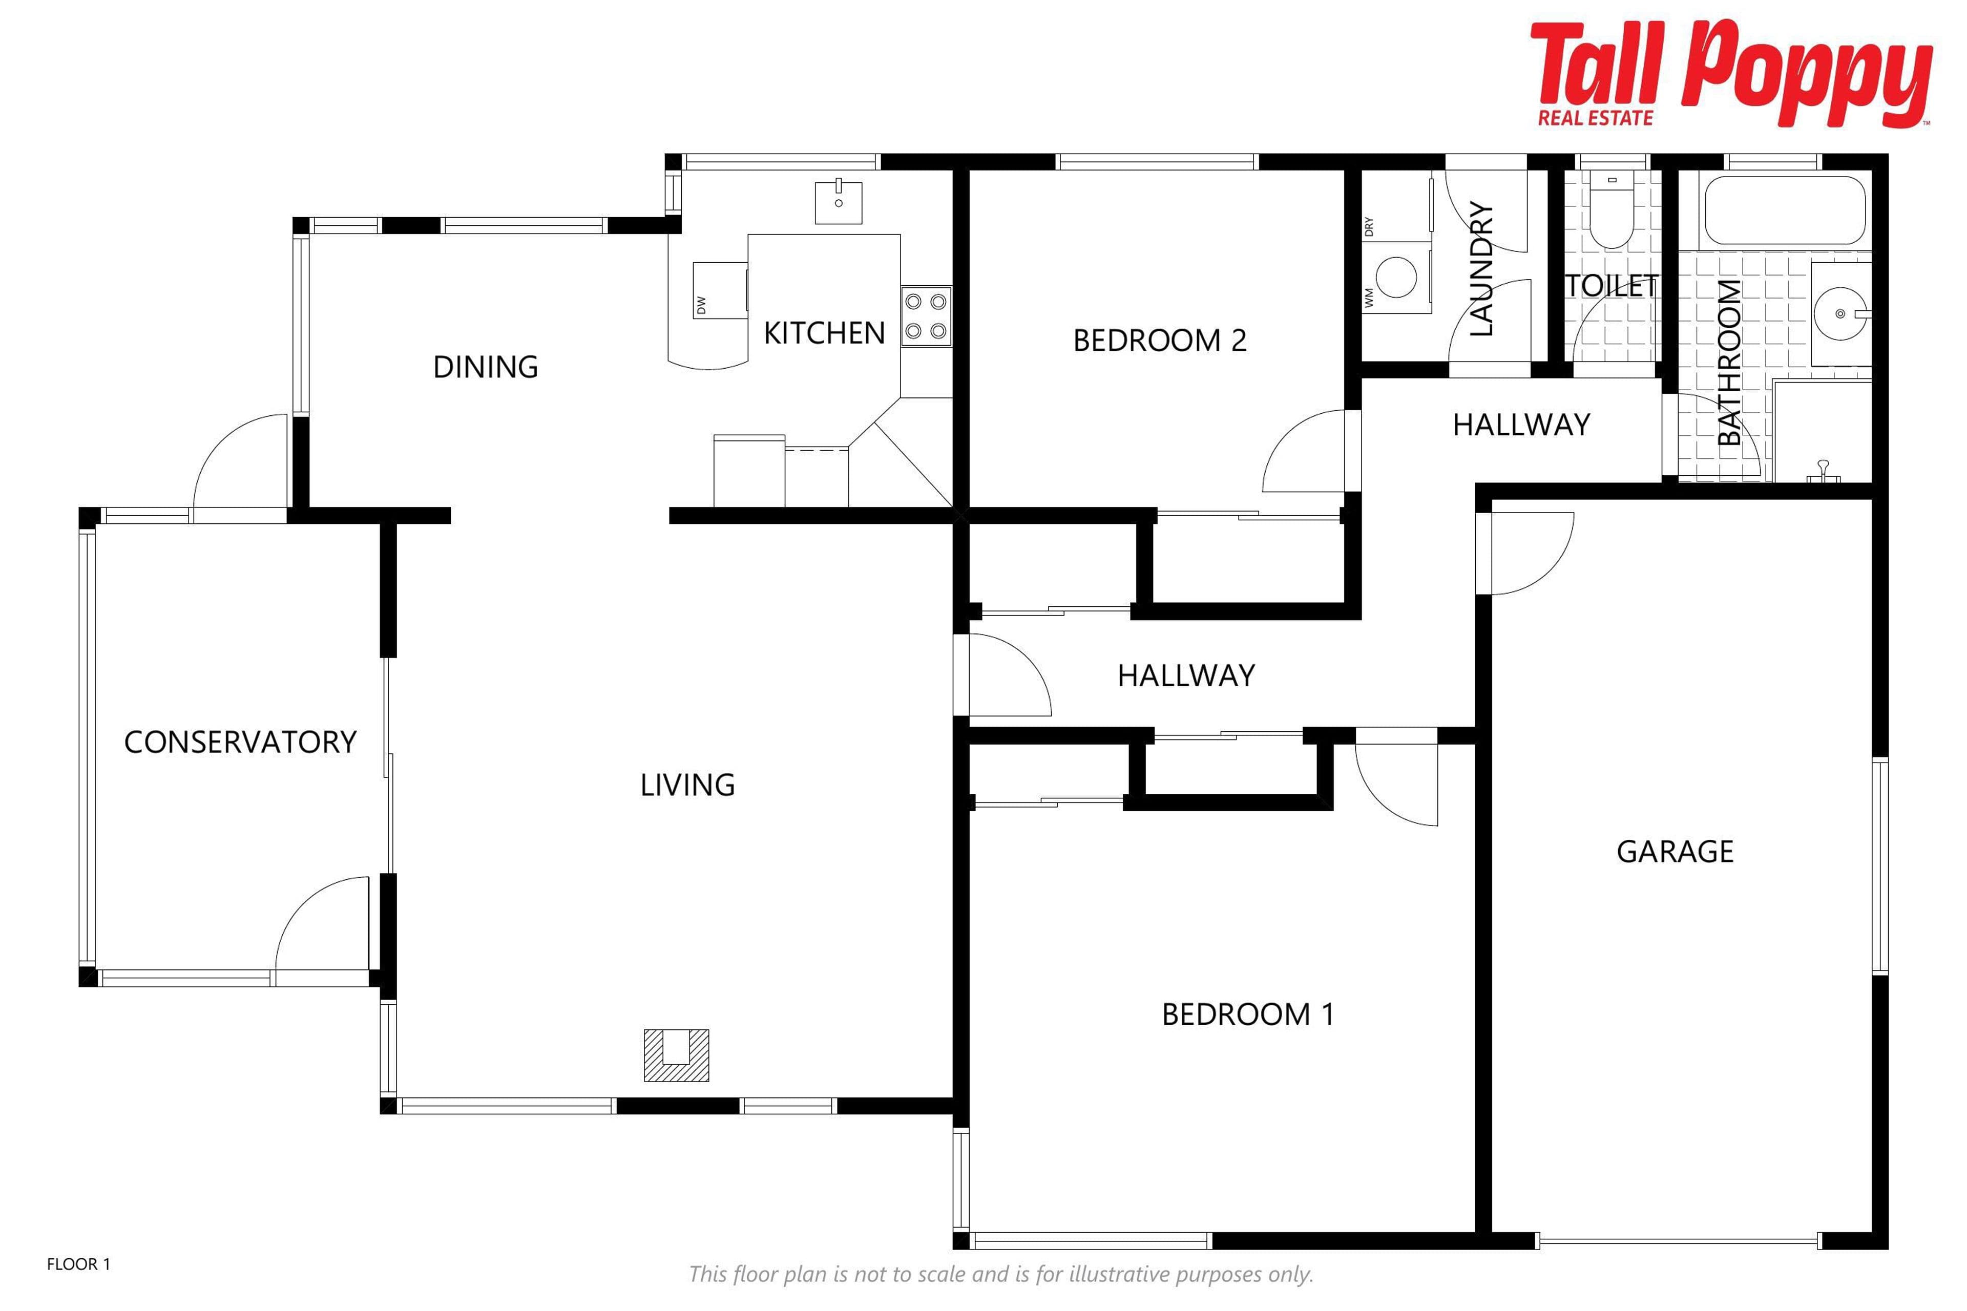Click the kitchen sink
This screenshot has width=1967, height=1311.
(x=838, y=201)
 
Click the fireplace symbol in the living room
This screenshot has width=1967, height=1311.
(x=676, y=1055)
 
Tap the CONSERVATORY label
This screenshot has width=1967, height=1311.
(x=240, y=742)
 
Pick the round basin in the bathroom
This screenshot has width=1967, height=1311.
(x=1840, y=313)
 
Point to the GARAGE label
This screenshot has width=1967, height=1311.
(x=1675, y=851)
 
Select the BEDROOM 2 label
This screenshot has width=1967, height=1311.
(x=1159, y=340)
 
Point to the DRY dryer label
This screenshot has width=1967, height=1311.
(x=1369, y=226)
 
